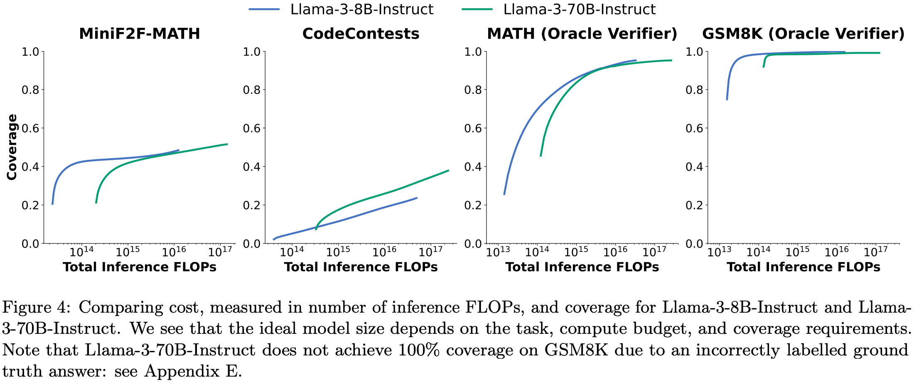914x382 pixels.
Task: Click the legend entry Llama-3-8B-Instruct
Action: coord(361,9)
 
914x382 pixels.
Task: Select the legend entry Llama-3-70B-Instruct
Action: coord(579,9)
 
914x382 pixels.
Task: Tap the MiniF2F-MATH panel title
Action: coord(140,34)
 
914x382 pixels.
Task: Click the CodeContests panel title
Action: coord(361,34)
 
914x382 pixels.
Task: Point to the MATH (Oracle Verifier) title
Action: coord(582,34)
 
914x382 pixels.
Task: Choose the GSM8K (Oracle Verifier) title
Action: coord(803,34)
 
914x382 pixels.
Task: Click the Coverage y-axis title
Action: coord(12,147)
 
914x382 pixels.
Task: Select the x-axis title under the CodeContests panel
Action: coord(361,267)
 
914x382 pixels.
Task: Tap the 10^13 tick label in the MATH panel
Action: coord(498,252)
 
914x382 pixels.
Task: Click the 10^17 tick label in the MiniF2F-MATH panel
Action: coord(220,252)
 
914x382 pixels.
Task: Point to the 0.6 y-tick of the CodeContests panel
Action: coord(251,128)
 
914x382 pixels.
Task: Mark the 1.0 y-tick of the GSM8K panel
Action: coord(694,52)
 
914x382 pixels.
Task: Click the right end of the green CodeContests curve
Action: coord(449,170)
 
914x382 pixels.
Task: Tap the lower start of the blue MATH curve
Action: coord(504,194)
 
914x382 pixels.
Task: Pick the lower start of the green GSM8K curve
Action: coord(763,67)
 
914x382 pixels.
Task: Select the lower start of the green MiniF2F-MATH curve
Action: coord(96,203)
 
